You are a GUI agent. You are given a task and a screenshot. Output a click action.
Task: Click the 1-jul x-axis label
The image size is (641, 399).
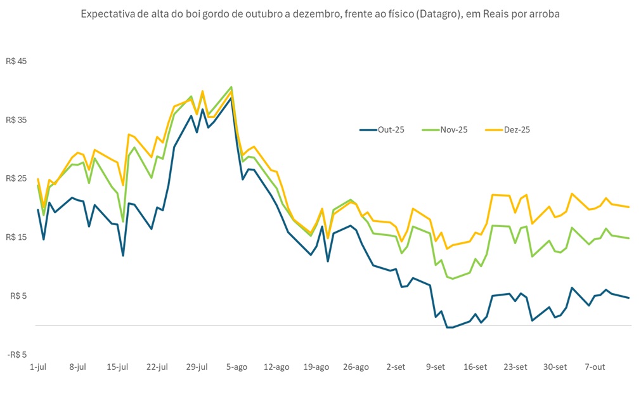38,367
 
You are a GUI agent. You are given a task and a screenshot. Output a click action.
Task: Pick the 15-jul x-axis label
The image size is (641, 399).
117,367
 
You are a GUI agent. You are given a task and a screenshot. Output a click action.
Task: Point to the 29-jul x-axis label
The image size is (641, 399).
197,367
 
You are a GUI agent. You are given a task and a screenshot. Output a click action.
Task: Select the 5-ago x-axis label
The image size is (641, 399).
236,367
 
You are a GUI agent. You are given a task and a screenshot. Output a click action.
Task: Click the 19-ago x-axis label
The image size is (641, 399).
316,367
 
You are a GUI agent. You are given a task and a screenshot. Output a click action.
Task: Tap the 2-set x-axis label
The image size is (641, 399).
396,367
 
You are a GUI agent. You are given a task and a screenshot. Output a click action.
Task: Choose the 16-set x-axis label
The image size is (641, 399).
476,367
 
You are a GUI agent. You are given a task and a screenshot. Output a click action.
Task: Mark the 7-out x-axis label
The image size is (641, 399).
595,367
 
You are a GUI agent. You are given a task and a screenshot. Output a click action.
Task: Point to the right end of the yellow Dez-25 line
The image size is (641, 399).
628,207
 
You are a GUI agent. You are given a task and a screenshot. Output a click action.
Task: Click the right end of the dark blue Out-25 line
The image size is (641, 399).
628,298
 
